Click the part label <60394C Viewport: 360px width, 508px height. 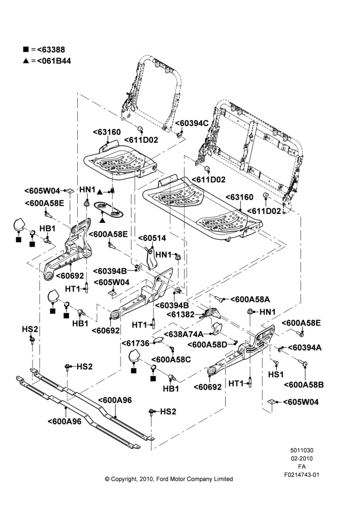[x=192, y=123]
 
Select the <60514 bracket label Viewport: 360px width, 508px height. [x=152, y=238]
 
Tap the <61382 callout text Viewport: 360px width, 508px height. [x=181, y=314]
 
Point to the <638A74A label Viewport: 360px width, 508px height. [x=184, y=334]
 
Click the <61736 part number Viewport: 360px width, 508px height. [x=135, y=343]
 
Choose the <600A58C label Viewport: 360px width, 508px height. [x=171, y=360]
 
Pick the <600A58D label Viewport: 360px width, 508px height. [x=207, y=345]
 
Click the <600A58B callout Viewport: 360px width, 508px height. [x=304, y=385]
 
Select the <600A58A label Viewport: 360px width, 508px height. [x=250, y=299]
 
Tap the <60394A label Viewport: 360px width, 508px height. [x=305, y=347]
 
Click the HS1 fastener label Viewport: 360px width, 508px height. [x=276, y=374]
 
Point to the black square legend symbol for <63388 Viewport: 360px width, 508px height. [x=25, y=50]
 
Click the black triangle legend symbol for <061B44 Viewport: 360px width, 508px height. [x=26, y=61]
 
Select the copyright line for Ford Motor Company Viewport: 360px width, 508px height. [x=169, y=479]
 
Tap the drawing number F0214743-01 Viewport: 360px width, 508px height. [x=302, y=475]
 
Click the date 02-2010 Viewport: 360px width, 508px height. [x=302, y=458]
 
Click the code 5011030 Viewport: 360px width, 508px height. [x=302, y=450]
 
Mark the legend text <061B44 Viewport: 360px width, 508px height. [x=54, y=61]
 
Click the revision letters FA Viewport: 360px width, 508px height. [x=302, y=467]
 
